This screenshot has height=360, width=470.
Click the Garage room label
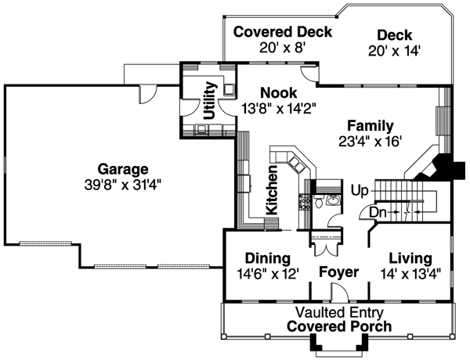[123, 169]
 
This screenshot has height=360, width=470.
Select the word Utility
[209, 100]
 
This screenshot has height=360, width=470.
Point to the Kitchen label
[272, 190]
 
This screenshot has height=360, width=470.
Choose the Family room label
[371, 126]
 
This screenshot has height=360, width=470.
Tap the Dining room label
[268, 258]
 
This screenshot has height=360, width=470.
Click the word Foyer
[338, 272]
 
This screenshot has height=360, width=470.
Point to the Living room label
[410, 258]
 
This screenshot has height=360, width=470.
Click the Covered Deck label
[282, 33]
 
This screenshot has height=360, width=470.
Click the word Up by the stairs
[360, 190]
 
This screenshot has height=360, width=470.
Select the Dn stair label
[378, 212]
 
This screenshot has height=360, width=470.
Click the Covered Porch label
[338, 326]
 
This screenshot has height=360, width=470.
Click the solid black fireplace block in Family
[449, 167]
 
